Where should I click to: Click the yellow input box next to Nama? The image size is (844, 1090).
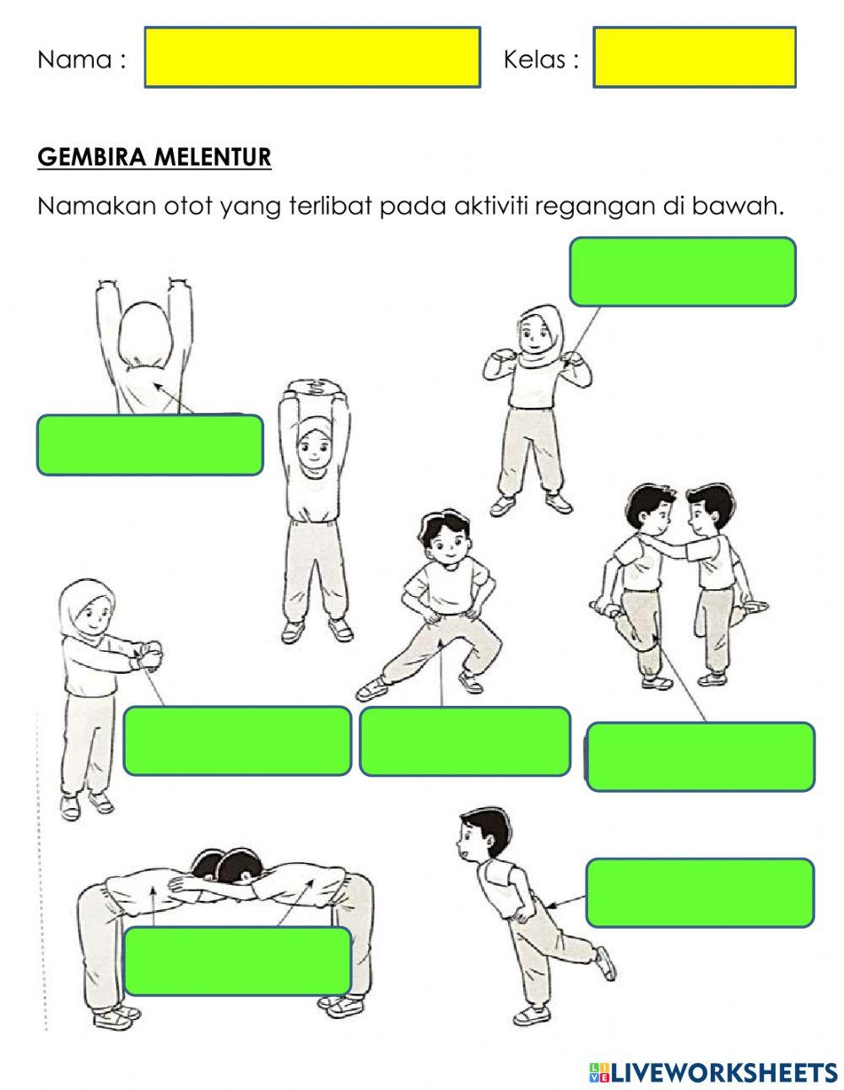(x=312, y=57)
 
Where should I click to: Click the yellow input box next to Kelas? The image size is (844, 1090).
(x=694, y=57)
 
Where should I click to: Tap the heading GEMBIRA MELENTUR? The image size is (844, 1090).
(x=154, y=157)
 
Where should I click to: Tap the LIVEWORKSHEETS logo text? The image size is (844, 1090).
(x=722, y=1072)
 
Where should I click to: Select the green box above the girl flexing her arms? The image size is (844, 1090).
(x=682, y=271)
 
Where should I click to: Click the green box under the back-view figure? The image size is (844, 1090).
(x=149, y=444)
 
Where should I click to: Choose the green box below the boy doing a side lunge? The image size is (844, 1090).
(x=464, y=741)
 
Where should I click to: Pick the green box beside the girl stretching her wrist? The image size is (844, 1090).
(x=237, y=740)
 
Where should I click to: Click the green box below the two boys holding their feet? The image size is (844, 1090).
(x=700, y=756)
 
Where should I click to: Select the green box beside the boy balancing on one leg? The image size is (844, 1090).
(x=700, y=892)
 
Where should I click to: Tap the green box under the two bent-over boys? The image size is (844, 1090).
(x=237, y=961)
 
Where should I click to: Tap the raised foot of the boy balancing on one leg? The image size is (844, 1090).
(x=605, y=963)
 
